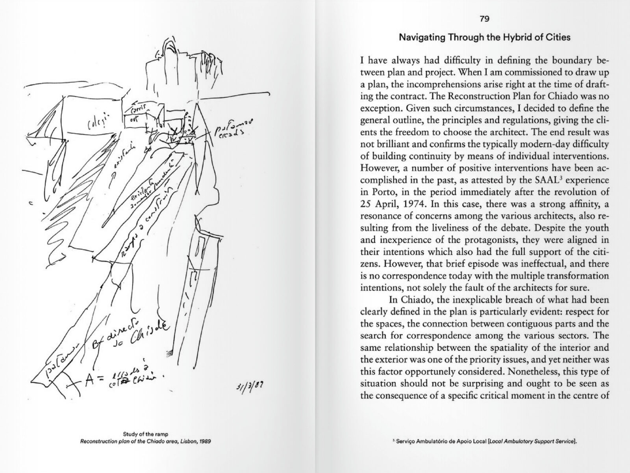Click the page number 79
pos(485,19)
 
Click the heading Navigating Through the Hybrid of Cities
pos(485,38)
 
